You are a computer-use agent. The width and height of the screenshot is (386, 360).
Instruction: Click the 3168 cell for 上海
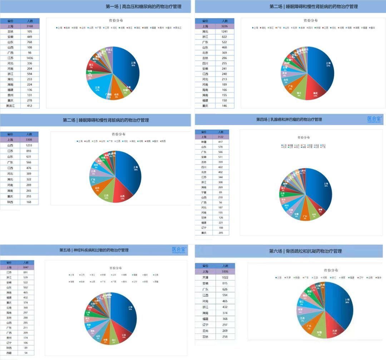click(x=29, y=26)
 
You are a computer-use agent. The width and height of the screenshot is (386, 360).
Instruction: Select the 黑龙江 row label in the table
click(x=10, y=106)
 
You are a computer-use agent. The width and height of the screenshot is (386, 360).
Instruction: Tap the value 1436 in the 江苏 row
click(x=29, y=58)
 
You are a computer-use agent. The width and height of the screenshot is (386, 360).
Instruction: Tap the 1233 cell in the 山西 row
click(x=29, y=146)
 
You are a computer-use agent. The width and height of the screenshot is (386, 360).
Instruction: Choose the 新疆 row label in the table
click(x=204, y=142)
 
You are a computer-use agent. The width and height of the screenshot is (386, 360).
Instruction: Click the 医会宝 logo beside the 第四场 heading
click(x=375, y=119)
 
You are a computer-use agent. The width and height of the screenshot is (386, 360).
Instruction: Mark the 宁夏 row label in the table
click(x=204, y=192)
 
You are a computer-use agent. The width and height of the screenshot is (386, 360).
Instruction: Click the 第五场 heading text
click(x=94, y=250)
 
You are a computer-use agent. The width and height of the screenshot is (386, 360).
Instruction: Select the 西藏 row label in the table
click(x=9, y=352)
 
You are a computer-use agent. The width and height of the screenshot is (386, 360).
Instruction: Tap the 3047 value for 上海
click(x=26, y=267)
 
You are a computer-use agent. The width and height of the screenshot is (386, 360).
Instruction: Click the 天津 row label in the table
click(x=205, y=277)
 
